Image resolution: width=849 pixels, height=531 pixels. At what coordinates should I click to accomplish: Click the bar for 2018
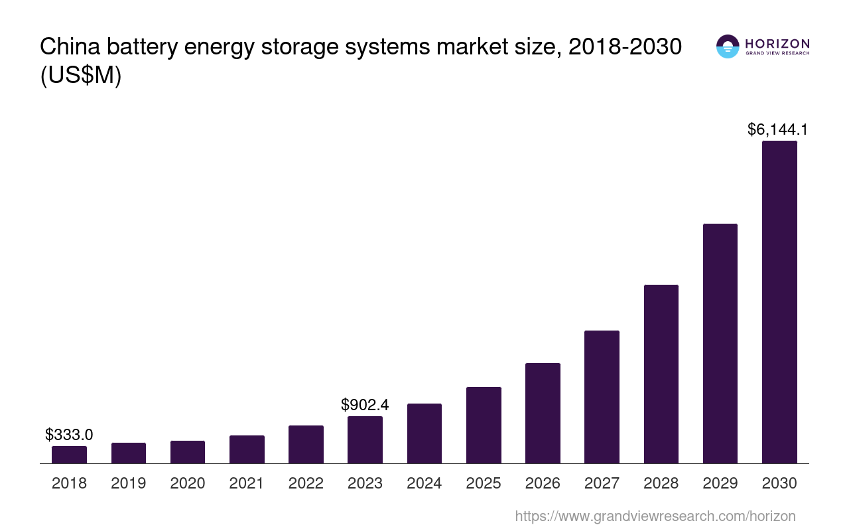click(69, 455)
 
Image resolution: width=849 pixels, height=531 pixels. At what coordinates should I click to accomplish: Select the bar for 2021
click(247, 449)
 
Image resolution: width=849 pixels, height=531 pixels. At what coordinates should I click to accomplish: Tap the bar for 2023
click(365, 439)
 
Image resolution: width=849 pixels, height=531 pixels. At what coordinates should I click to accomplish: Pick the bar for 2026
click(543, 413)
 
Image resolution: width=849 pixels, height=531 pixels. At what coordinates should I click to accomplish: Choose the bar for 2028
click(661, 374)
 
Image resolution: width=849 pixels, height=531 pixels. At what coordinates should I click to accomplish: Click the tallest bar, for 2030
click(779, 302)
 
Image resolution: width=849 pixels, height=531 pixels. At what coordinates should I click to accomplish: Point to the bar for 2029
click(720, 343)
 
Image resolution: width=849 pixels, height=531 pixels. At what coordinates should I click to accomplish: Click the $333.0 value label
click(69, 435)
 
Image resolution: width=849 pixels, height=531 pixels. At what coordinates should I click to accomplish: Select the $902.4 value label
click(365, 405)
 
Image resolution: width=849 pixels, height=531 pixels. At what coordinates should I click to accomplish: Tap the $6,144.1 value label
click(777, 129)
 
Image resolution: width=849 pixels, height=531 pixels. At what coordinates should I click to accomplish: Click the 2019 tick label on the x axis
click(128, 483)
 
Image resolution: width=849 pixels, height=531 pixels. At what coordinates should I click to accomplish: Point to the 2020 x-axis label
click(188, 483)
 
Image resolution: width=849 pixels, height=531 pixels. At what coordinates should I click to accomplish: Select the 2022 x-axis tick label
click(306, 483)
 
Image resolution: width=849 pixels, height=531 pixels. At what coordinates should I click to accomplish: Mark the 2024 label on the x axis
click(424, 483)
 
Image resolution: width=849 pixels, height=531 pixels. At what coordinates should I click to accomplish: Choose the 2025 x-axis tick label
click(484, 483)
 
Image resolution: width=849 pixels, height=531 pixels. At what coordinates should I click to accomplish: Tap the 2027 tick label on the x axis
click(602, 483)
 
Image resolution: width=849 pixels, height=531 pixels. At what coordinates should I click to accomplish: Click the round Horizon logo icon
click(728, 46)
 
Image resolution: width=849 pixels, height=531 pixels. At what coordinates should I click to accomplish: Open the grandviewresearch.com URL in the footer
click(655, 516)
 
